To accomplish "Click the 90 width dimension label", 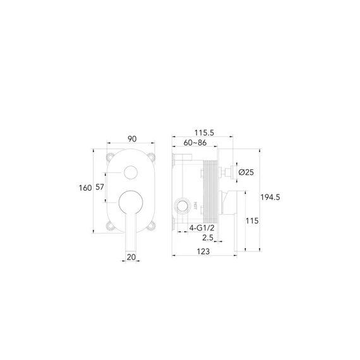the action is tap(132, 139).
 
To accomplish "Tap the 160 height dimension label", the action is tap(85, 188).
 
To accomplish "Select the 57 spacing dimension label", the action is tap(100, 187).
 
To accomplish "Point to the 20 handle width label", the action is tap(131, 257).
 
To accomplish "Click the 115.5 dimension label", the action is tap(204, 133).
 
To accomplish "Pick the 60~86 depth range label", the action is tap(195, 143).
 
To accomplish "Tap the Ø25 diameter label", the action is tap(246, 172).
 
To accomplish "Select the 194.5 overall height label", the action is tap(270, 197).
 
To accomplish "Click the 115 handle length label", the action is tap(252, 221).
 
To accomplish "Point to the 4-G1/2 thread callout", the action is tap(202, 228).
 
